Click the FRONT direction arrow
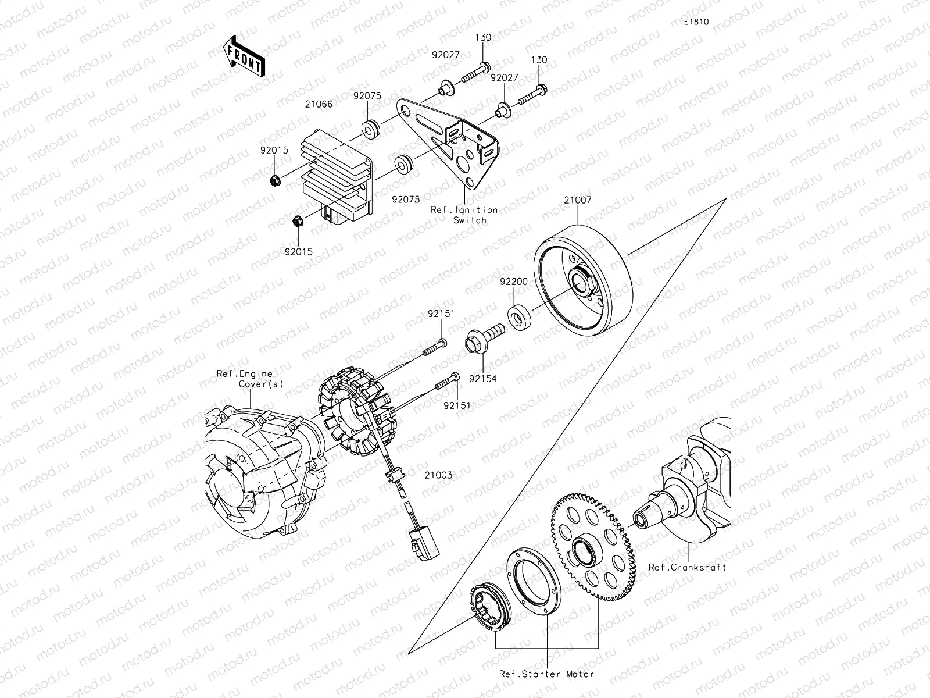[244, 56]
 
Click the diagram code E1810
[696, 22]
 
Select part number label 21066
[319, 105]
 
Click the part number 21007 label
[578, 200]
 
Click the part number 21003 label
[438, 475]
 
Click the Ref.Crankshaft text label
[688, 567]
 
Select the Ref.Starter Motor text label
[546, 674]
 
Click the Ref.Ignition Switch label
[464, 215]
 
